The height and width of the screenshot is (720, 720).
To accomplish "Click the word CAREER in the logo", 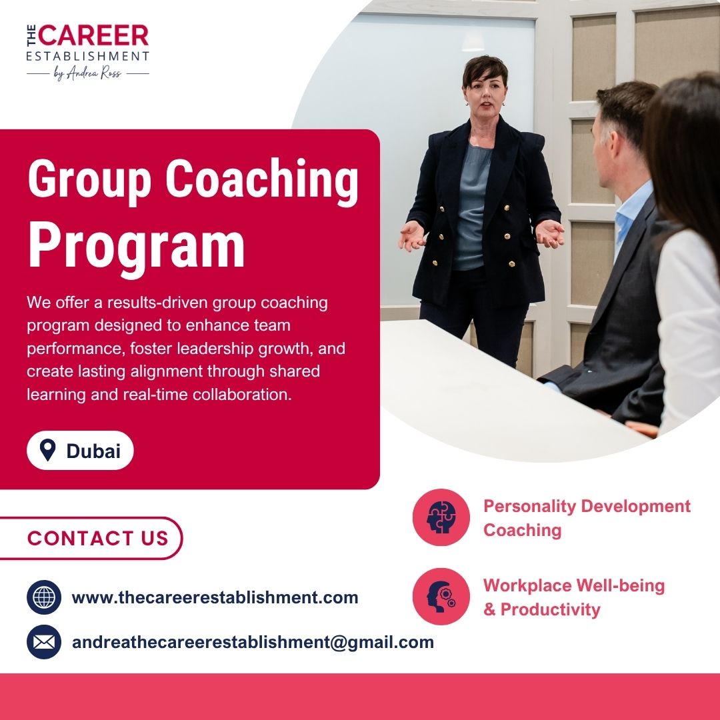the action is (94, 35).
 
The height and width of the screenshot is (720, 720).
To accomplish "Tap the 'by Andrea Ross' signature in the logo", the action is (87, 73).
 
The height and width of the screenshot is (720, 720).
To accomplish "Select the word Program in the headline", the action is (137, 245).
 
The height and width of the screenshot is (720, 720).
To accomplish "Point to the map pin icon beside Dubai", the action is (48, 450).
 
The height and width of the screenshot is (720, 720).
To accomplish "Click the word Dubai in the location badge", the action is (94, 451).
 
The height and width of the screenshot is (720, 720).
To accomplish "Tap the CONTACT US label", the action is (98, 538).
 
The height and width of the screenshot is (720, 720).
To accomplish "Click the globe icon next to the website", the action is (44, 597).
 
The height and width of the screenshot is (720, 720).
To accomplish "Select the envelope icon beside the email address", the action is (44, 642).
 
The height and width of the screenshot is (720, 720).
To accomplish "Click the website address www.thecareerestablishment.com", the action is (215, 597).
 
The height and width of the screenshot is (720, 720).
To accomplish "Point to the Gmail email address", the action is (253, 643).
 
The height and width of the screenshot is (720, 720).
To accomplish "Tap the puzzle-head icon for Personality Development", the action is (441, 517).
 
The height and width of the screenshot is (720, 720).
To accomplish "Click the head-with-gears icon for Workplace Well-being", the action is (441, 597).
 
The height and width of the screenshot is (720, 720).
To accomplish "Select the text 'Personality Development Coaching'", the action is (587, 518).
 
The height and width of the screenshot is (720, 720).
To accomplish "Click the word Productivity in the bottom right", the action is (551, 610).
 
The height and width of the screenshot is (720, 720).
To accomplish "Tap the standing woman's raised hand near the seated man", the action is (550, 233).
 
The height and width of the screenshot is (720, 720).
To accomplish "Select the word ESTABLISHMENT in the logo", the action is (88, 56).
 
